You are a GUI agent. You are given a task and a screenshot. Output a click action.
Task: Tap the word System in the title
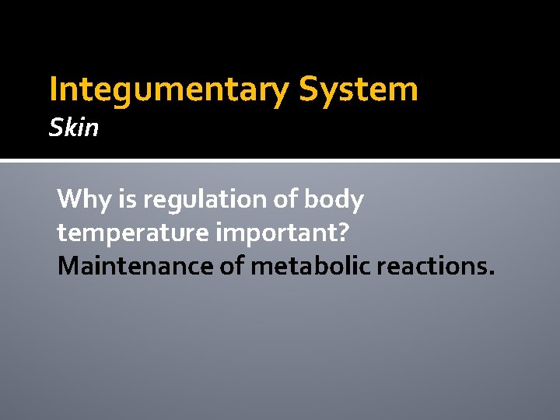point(359,90)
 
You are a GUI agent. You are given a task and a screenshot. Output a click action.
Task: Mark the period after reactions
point(490,274)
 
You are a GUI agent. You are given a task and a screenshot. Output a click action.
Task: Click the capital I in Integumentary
point(53,90)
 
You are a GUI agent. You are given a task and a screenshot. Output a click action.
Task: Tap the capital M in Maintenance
point(68,266)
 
